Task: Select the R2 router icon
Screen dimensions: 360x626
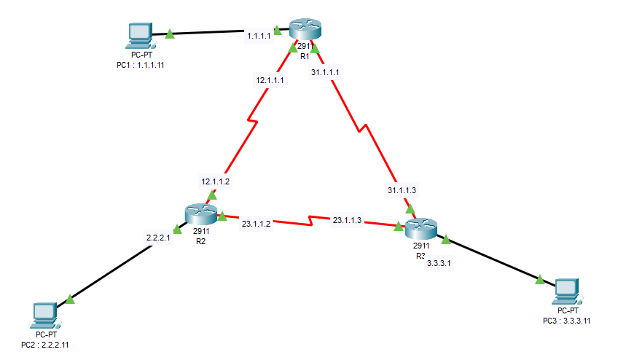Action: pyautogui.click(x=201, y=214)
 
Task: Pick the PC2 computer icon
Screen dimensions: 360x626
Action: pyautogui.click(x=45, y=314)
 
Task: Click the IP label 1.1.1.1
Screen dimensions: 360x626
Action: pyautogui.click(x=259, y=35)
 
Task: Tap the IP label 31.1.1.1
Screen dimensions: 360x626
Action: pyautogui.click(x=325, y=72)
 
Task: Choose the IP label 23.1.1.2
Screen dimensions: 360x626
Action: pyautogui.click(x=256, y=224)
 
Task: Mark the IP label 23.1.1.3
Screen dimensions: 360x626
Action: pyautogui.click(x=347, y=220)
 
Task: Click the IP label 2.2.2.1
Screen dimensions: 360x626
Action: pyautogui.click(x=158, y=237)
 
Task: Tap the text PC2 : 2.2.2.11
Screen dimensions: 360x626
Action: pyautogui.click(x=50, y=343)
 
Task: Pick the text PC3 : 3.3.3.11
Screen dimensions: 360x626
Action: pyautogui.click(x=566, y=320)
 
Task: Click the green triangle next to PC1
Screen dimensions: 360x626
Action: pyautogui.click(x=169, y=33)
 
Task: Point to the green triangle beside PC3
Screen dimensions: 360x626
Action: pyautogui.click(x=540, y=278)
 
